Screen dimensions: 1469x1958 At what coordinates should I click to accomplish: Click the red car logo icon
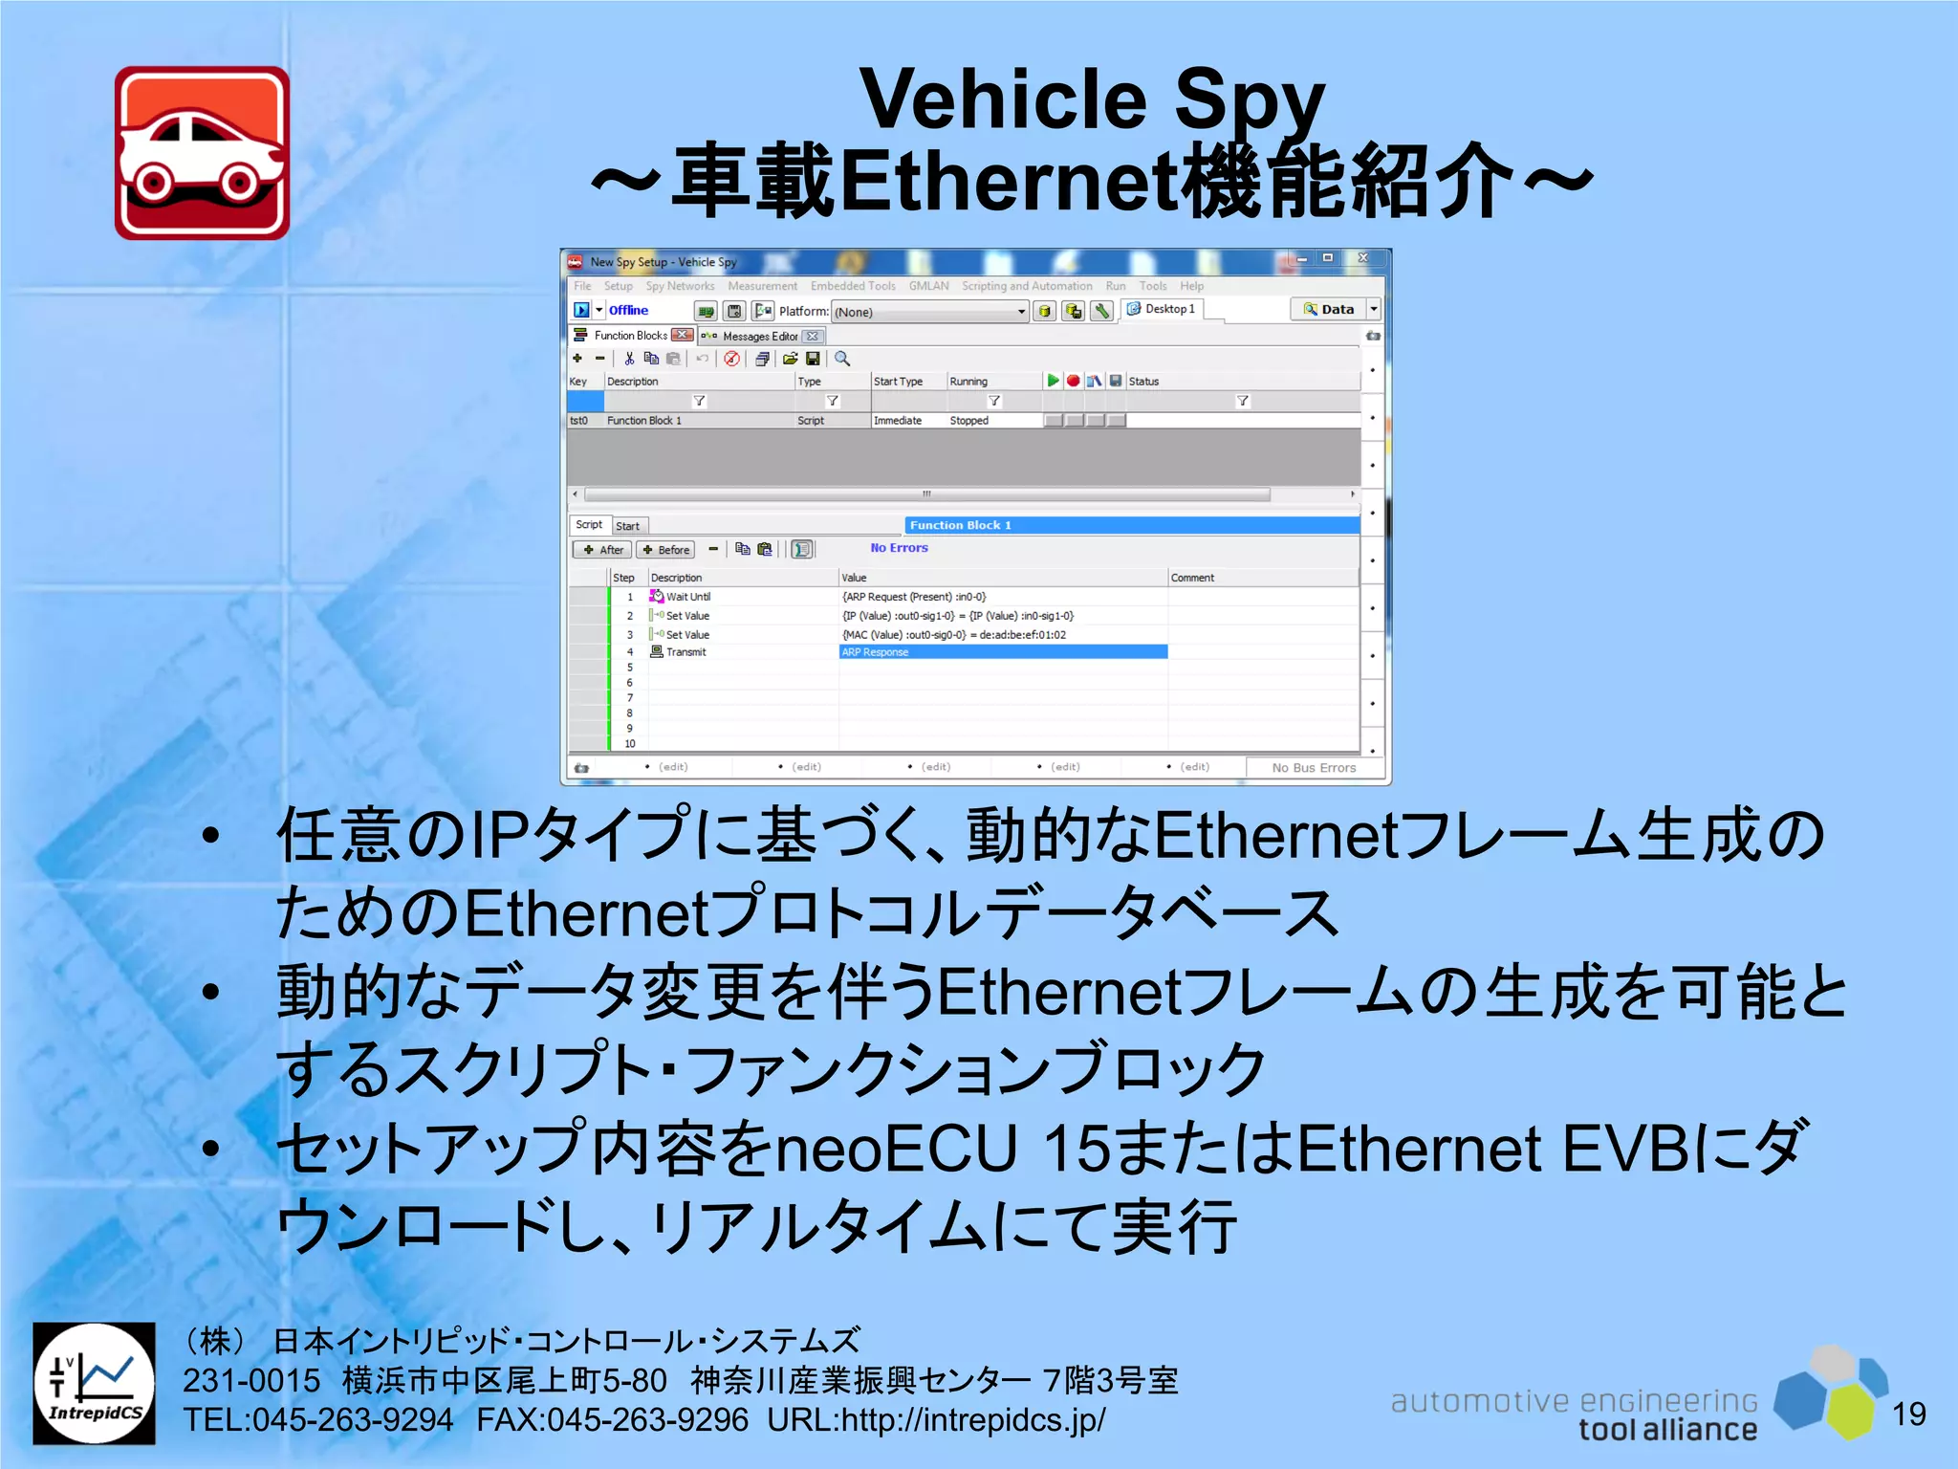coord(202,153)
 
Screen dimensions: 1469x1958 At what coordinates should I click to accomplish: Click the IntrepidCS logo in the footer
coord(94,1383)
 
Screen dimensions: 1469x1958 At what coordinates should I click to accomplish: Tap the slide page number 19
coord(1908,1414)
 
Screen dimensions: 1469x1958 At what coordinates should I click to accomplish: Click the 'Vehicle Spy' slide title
coord(1092,99)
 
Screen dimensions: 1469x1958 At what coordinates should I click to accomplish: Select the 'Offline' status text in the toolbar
coord(628,311)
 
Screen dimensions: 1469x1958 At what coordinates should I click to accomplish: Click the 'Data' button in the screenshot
coord(1336,310)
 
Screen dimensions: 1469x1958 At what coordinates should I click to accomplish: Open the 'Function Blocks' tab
coord(631,336)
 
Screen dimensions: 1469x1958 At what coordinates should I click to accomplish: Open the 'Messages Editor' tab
coord(760,337)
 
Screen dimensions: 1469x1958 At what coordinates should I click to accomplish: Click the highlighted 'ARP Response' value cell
coord(1002,652)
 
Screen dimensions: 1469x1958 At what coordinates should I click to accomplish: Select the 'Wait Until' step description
coord(688,597)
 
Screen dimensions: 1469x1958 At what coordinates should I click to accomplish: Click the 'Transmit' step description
coord(686,652)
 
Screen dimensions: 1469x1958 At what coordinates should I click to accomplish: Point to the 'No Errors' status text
coord(899,548)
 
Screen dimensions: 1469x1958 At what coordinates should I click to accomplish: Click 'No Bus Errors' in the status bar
coord(1314,768)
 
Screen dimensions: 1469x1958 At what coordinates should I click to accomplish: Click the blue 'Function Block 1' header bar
coord(1131,525)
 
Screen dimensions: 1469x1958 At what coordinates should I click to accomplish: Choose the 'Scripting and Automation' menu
coord(1026,286)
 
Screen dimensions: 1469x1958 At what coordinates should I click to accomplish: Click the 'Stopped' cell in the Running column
coord(968,421)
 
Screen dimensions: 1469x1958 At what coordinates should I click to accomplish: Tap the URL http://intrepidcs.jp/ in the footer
coord(972,1420)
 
